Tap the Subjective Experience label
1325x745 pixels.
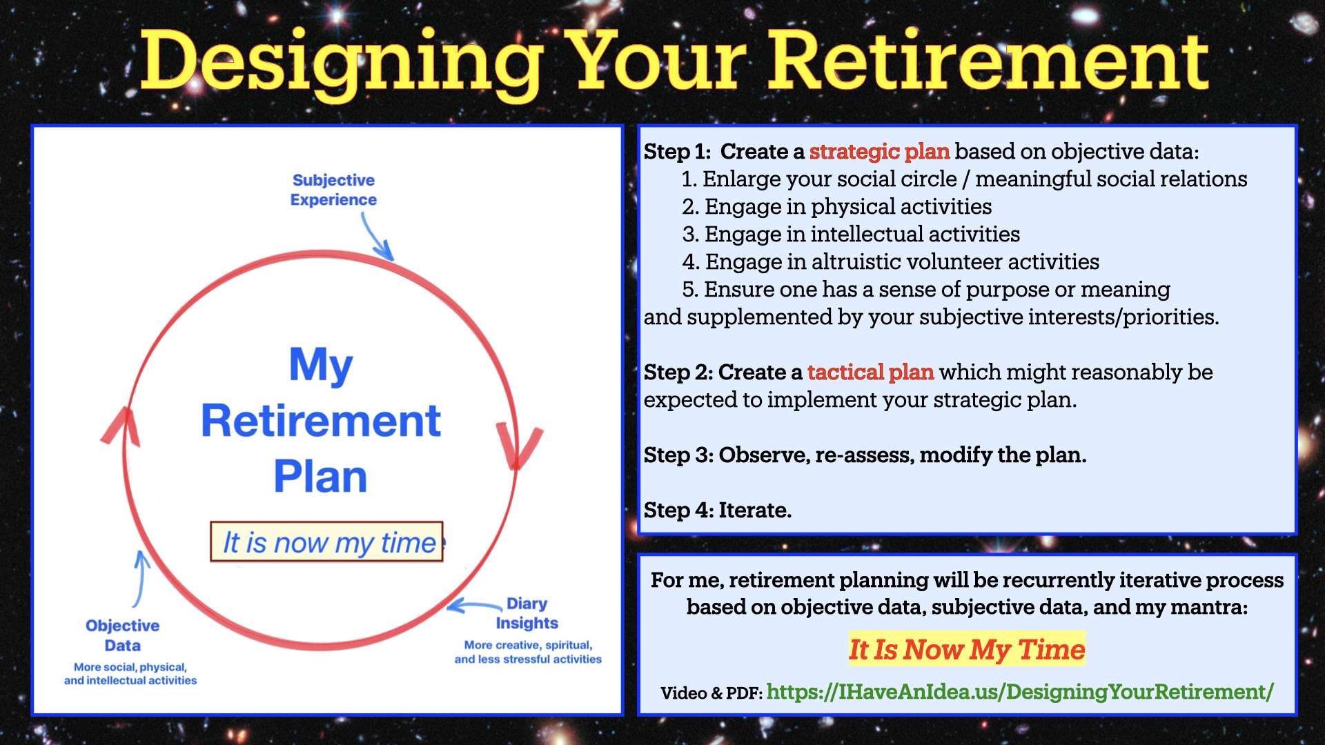tap(333, 190)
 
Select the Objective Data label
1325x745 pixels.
tap(122, 635)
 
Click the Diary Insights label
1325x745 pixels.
tap(527, 613)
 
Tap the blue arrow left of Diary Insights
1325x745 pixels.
tap(475, 606)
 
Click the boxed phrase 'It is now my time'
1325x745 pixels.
tap(326, 542)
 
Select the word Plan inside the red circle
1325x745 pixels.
tap(320, 476)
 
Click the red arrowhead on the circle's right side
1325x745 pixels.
tap(519, 445)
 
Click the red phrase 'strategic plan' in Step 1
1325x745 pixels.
tap(879, 151)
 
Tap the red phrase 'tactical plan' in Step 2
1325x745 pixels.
tap(870, 372)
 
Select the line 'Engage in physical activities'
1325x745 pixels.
tap(836, 206)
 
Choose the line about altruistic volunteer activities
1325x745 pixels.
tap(890, 261)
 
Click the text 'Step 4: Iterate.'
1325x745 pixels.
tap(718, 510)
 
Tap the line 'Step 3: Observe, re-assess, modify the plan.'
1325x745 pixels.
tap(865, 455)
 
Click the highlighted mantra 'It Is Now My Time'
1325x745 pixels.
tap(967, 649)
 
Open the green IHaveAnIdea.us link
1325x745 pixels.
tap(1020, 691)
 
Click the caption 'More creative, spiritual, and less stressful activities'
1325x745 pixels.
tap(528, 652)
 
